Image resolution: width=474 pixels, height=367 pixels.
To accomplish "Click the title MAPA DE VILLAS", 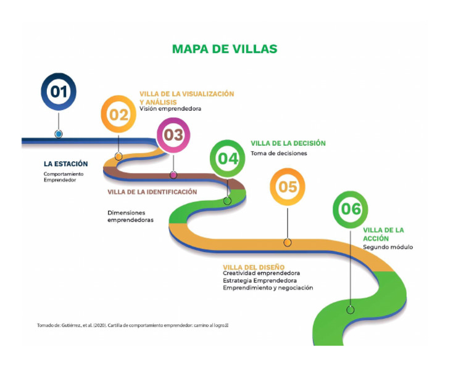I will (x=224, y=49).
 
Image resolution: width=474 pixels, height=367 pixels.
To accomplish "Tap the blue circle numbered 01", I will (x=59, y=92).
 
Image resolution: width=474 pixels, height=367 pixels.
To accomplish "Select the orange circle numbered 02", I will (x=118, y=114).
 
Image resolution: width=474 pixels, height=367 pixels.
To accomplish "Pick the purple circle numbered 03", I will (x=173, y=135).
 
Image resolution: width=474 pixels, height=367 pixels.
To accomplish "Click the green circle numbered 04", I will (x=228, y=158).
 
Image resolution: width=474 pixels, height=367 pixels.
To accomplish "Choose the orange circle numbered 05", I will (x=288, y=187).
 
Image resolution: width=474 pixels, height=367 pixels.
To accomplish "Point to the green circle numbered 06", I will (x=351, y=209).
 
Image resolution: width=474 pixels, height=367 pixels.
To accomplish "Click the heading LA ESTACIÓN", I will (x=65, y=164).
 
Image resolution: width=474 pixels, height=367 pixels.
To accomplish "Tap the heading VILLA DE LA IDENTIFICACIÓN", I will (x=152, y=192).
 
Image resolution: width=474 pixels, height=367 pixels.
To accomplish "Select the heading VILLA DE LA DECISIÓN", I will (x=288, y=143).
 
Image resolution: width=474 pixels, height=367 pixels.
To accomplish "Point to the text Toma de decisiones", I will (x=278, y=153).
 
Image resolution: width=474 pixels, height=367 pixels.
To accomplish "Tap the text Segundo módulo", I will (x=388, y=247).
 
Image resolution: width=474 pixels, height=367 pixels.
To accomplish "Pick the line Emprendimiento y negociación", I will (x=268, y=288).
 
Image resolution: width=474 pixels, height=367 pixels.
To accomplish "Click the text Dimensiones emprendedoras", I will (x=130, y=216).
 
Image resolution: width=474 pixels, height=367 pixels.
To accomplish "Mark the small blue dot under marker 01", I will (x=59, y=133).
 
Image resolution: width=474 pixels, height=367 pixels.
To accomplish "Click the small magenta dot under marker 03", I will (x=173, y=175).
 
